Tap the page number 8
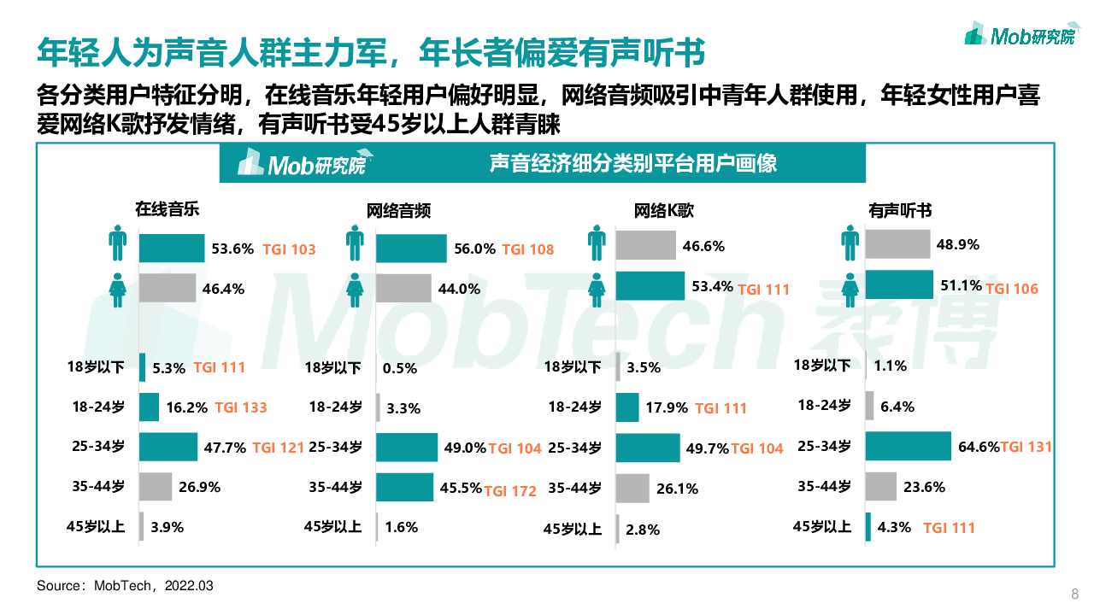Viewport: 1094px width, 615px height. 1075,594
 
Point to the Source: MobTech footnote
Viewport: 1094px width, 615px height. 125,586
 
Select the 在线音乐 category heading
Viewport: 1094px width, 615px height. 167,208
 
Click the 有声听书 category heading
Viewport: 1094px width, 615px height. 900,210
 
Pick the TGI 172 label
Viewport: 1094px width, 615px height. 510,491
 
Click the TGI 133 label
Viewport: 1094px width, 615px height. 241,407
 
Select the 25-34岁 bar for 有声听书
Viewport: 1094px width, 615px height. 908,446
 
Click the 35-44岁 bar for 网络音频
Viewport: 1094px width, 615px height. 404,488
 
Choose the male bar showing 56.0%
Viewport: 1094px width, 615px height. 411,249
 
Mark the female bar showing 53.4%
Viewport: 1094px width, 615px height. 650,286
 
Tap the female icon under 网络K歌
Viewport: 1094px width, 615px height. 597,288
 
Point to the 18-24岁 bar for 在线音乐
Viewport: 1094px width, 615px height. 149,407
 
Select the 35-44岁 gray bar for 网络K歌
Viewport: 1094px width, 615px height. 632,489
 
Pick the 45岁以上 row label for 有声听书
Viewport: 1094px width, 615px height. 822,527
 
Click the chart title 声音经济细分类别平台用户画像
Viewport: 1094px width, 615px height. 633,163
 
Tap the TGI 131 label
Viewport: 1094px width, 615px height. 1026,447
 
